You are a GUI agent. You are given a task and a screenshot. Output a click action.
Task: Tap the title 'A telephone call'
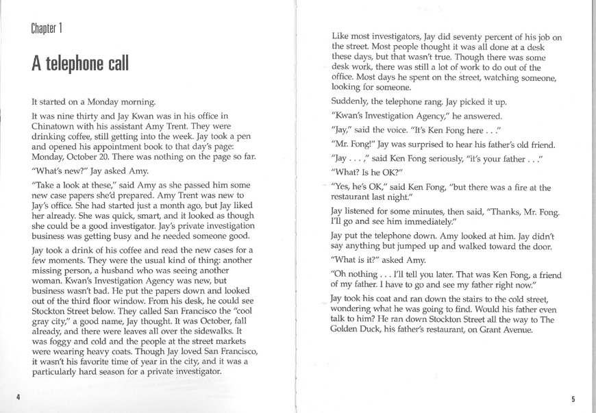[x=79, y=64]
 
